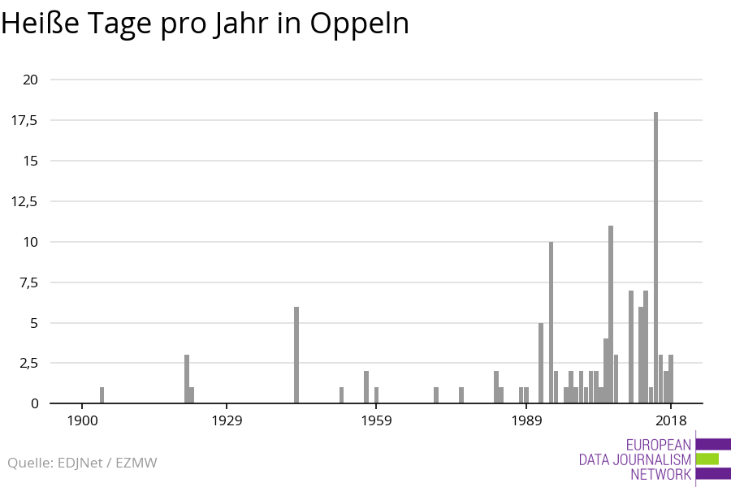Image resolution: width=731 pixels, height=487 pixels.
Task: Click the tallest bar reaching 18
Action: pyautogui.click(x=656, y=257)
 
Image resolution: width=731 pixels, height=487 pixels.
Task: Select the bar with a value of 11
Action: pyautogui.click(x=611, y=314)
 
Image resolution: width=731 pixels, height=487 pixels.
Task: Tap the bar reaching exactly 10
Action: pyautogui.click(x=551, y=322)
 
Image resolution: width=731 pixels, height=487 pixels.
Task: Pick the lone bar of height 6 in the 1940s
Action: pyautogui.click(x=296, y=355)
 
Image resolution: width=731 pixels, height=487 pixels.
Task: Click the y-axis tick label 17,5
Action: pyautogui.click(x=24, y=120)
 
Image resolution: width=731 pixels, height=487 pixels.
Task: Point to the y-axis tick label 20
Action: pyautogui.click(x=30, y=80)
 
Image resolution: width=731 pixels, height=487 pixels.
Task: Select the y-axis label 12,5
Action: pyautogui.click(x=24, y=201)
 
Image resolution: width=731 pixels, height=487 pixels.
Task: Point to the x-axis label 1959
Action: pyautogui.click(x=377, y=420)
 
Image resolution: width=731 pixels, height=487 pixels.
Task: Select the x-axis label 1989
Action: pyautogui.click(x=527, y=420)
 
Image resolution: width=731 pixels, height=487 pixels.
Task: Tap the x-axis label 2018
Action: pyautogui.click(x=671, y=420)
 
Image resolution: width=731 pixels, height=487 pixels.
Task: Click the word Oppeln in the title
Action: pyautogui.click(x=359, y=24)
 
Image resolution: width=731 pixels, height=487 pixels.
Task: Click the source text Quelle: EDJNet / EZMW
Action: pyautogui.click(x=82, y=463)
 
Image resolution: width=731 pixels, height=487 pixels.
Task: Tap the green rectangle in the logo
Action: pyautogui.click(x=707, y=459)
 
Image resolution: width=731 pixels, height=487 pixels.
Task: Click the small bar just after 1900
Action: pyautogui.click(x=102, y=395)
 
